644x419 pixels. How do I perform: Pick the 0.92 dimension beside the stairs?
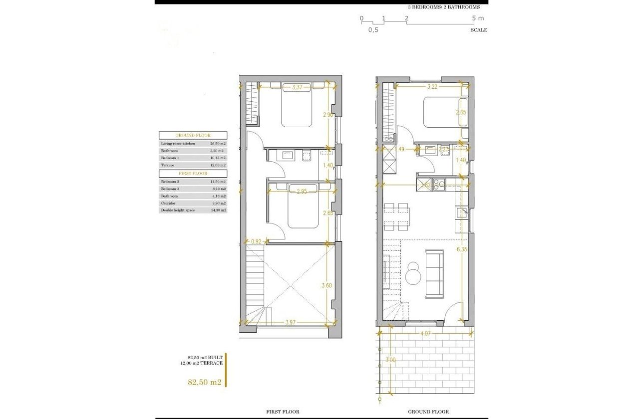256,241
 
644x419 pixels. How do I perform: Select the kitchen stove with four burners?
439,185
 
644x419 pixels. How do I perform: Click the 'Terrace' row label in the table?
168,165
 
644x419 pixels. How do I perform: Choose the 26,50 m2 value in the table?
217,143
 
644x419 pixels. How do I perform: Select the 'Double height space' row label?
176,210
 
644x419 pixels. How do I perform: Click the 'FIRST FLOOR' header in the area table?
193,174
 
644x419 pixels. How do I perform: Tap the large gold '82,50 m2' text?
204,383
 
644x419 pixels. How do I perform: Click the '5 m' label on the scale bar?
478,18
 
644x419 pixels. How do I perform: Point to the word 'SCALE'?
478,30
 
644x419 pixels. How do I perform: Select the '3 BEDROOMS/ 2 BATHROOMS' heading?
444,7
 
